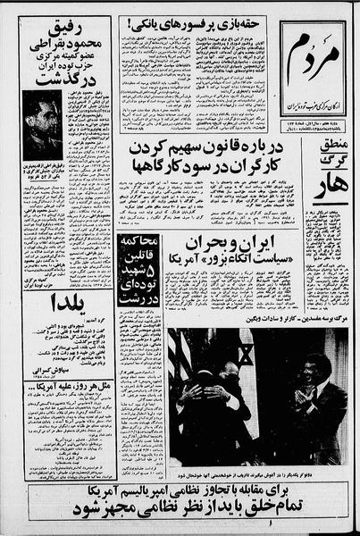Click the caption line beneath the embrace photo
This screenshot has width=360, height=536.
coord(258,476)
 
